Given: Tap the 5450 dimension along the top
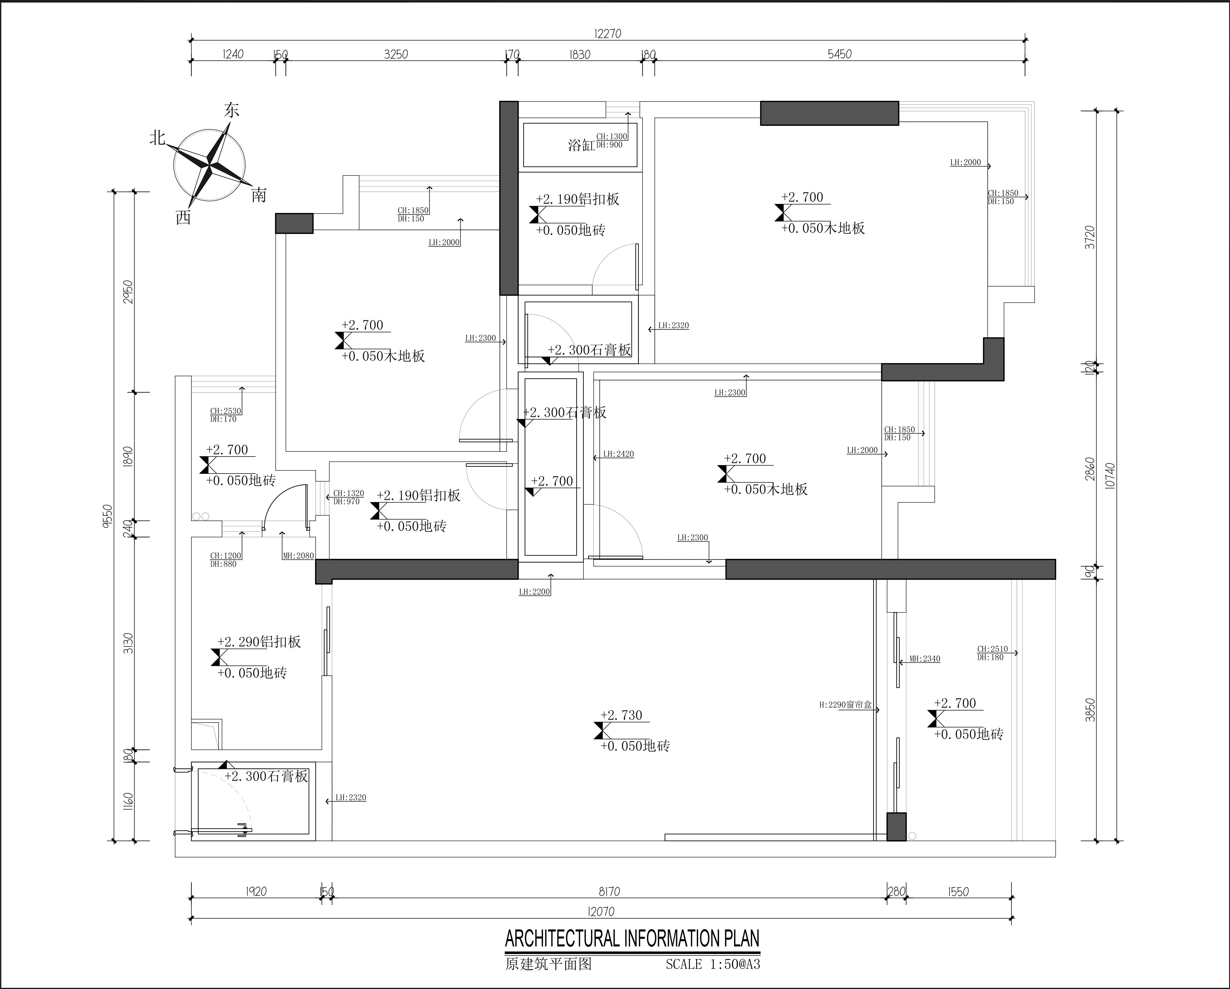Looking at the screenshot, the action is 839,54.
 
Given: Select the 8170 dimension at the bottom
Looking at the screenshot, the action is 609,891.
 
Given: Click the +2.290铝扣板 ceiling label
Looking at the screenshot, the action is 259,642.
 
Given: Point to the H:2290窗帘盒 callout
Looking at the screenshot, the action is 845,705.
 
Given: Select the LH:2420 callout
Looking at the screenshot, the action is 618,454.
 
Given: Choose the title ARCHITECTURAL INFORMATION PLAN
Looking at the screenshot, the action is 632,939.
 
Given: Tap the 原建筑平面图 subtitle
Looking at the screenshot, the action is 548,964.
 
